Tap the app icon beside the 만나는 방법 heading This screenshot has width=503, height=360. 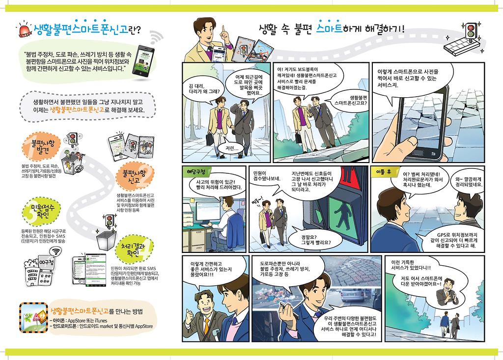pyautogui.click(x=33, y=317)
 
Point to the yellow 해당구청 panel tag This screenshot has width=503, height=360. pyautogui.click(x=196, y=171)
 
